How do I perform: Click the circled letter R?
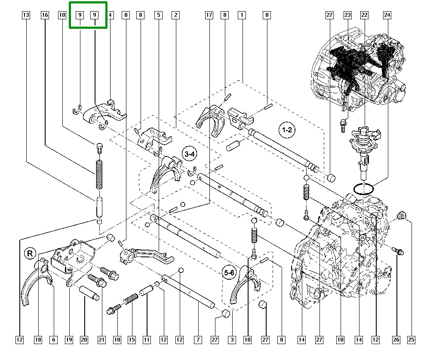click(30, 253)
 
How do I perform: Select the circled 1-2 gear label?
click(287, 130)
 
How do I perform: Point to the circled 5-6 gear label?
click(229, 272)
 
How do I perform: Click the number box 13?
click(26, 15)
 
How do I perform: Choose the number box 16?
click(45, 15)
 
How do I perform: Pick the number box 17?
click(209, 15)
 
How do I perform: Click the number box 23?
click(347, 15)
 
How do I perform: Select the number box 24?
click(387, 15)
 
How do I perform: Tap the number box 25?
click(412, 340)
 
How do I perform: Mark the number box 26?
click(396, 340)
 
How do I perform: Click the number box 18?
click(38, 340)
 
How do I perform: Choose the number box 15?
click(132, 340)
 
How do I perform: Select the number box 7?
click(198, 340)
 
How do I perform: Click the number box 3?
click(232, 340)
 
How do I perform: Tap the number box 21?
click(101, 340)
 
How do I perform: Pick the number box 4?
click(110, 15)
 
